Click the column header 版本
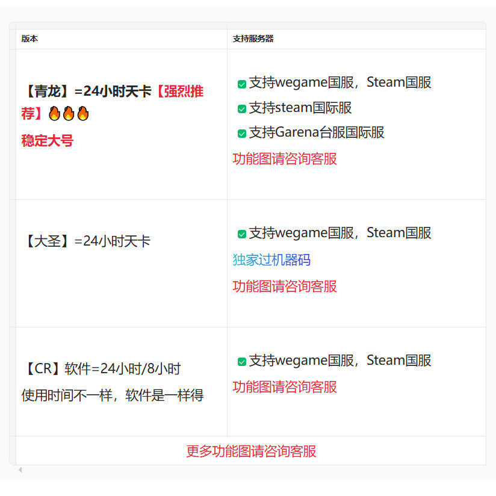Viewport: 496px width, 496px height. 29,39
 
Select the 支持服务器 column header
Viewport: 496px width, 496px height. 253,39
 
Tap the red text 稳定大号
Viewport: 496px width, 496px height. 47,141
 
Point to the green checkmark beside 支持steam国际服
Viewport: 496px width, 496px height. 242,109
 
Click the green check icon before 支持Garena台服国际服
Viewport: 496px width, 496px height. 242,134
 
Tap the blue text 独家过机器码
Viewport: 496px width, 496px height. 271,260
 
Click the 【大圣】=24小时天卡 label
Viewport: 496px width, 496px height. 86,241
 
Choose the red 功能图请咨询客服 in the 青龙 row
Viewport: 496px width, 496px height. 285,159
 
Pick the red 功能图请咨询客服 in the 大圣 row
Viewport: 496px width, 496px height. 285,287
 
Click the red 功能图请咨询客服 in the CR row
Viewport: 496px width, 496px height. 285,387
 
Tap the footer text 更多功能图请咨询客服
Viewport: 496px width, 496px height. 251,451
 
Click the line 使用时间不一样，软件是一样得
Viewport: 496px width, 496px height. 113,395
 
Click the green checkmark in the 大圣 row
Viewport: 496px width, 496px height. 242,234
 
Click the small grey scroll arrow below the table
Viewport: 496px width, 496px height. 20,470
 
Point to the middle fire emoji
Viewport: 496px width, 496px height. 68,113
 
